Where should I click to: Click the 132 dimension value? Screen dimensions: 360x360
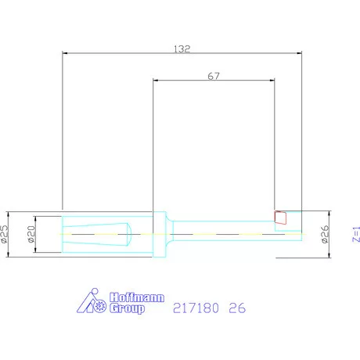182,48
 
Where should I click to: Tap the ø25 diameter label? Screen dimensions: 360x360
5,233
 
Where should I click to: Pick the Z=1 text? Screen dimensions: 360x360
355,234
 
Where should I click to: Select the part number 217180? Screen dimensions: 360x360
195,308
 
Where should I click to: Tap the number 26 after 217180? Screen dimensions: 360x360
237,308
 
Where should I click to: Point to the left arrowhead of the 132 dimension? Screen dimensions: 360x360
66,53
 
